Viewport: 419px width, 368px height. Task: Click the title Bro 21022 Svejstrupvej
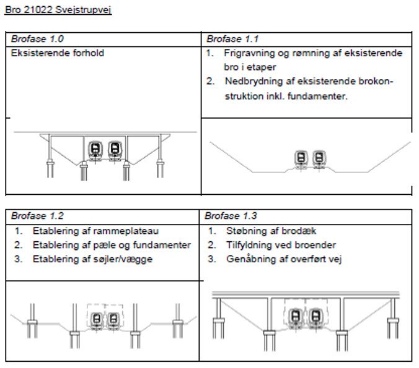(x=58, y=11)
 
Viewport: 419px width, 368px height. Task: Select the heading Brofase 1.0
(x=32, y=39)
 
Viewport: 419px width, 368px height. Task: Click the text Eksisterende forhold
(x=57, y=53)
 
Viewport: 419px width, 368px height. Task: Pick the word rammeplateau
(x=122, y=231)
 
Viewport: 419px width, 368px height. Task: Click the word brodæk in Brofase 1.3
(x=302, y=231)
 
